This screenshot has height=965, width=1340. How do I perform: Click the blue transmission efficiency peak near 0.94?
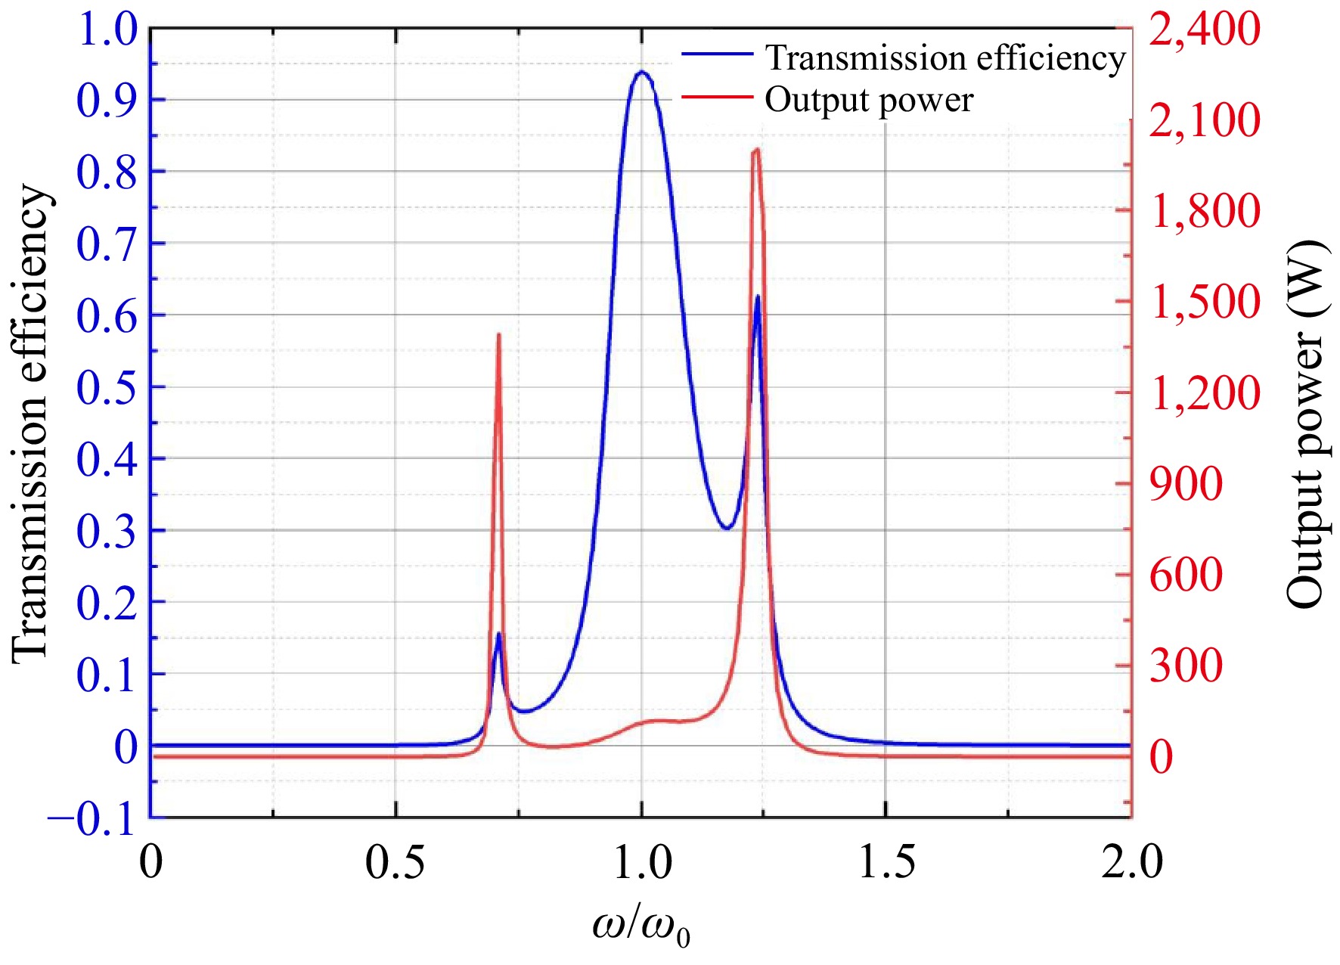(x=642, y=73)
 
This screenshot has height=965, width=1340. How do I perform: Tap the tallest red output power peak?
(x=756, y=151)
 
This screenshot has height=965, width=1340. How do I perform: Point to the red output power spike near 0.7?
(x=498, y=335)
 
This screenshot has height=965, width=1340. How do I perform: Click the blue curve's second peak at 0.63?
(x=757, y=297)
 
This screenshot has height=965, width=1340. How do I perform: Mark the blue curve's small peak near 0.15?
(x=498, y=634)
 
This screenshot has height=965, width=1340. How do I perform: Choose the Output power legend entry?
(x=868, y=100)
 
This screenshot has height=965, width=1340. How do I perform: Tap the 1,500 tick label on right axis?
(x=1205, y=301)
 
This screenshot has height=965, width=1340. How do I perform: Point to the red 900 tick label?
(x=1186, y=484)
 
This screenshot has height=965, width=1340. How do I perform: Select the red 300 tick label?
(x=1186, y=666)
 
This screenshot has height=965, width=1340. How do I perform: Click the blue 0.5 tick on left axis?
(x=107, y=386)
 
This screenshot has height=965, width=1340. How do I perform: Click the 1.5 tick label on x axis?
(x=886, y=862)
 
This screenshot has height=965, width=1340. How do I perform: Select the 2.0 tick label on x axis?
(x=1131, y=862)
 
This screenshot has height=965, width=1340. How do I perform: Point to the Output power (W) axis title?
(x=1307, y=424)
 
